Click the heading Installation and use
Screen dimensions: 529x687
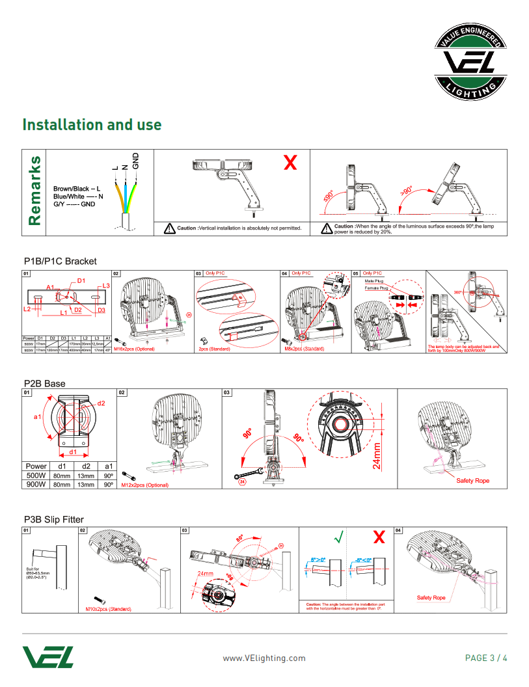tap(92, 125)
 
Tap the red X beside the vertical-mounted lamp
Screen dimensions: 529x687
tap(290, 163)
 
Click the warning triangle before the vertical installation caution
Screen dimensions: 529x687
tap(169, 228)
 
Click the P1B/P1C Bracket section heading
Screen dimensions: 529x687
tap(60, 262)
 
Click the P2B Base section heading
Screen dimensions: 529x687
tap(44, 383)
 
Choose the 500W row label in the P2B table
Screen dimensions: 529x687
tap(36, 476)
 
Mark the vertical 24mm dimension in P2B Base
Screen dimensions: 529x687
tap(377, 455)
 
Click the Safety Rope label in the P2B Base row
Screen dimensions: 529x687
tap(472, 481)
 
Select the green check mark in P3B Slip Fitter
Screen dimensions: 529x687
tap(338, 537)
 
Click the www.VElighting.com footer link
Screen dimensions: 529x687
tap(264, 658)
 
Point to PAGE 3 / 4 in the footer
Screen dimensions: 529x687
tap(486, 658)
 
